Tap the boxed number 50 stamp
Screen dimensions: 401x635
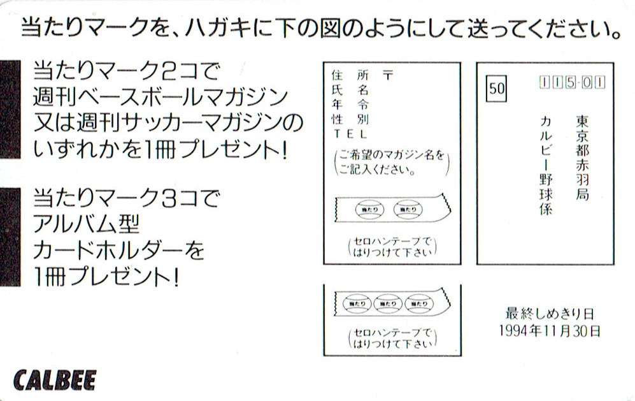pyautogui.click(x=497, y=89)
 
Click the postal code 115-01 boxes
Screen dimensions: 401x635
pyautogui.click(x=572, y=82)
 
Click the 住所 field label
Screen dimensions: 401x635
pyautogui.click(x=350, y=75)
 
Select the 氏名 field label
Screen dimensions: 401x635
pyautogui.click(x=350, y=90)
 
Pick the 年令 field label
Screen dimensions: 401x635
pyautogui.click(x=350, y=105)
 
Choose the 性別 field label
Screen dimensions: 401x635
pyautogui.click(x=350, y=119)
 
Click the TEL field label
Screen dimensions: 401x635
pyautogui.click(x=350, y=134)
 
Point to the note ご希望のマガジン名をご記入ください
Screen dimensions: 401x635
pyautogui.click(x=391, y=163)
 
